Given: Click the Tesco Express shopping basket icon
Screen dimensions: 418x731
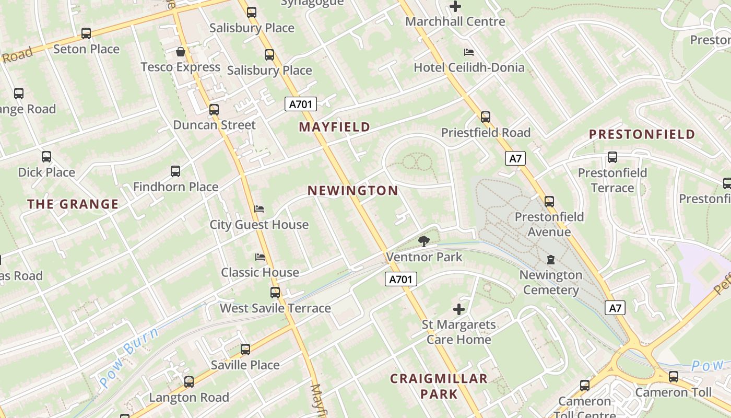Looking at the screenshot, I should (181, 52).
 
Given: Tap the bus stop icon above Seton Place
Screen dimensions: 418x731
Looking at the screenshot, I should (86, 33).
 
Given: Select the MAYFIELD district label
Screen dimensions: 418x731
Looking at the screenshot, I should (335, 127).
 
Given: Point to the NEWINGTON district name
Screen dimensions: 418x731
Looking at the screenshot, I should (353, 191).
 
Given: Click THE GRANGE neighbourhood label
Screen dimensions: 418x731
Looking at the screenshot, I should (73, 204).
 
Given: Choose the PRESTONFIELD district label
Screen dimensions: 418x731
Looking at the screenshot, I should (642, 134).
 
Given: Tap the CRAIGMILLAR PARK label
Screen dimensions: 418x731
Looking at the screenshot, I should (439, 386).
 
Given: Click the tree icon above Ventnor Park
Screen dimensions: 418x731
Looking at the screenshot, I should (424, 241).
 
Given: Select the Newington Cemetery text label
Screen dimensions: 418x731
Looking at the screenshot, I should (550, 282).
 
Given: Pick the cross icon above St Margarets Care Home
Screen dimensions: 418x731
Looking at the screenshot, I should (459, 309).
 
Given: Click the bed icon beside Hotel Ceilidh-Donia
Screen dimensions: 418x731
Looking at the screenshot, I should (469, 52).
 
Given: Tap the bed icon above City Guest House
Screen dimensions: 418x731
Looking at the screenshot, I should (259, 209).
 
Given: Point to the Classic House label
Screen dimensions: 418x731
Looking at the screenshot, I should (260, 272).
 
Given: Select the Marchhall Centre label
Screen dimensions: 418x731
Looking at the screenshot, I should (455, 21).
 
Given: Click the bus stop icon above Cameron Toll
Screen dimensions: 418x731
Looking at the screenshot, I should (674, 376).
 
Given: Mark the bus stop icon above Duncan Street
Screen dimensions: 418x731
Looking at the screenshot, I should (214, 110).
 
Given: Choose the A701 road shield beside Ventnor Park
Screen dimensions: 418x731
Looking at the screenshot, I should (402, 280).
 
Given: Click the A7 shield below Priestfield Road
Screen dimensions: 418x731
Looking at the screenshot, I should (515, 158).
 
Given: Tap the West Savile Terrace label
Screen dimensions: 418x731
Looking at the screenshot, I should (275, 308).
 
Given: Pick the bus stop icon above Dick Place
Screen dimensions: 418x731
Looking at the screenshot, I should (46, 157).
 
